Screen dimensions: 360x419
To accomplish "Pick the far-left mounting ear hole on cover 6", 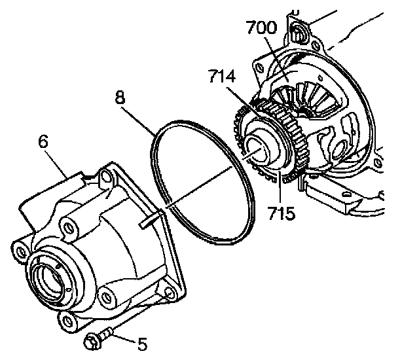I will pos(18,250).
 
